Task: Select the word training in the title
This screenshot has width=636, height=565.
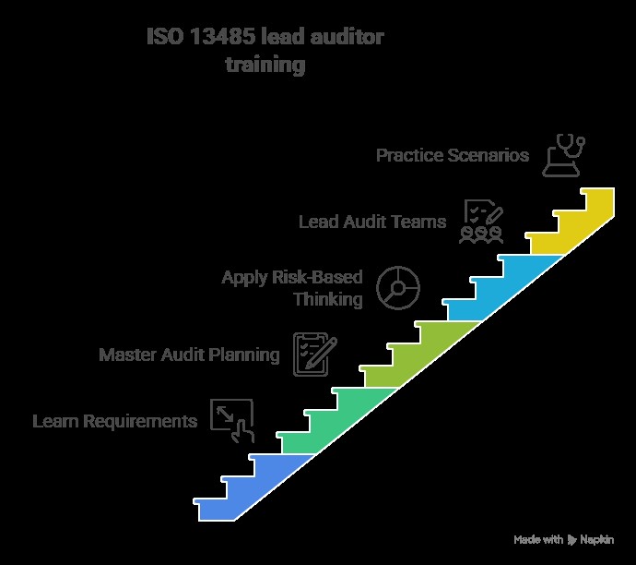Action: click(x=265, y=66)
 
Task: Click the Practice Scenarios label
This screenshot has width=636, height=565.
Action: click(x=453, y=155)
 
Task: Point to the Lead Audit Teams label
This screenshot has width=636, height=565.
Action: click(x=372, y=222)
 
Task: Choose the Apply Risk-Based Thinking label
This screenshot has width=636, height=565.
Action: click(x=292, y=288)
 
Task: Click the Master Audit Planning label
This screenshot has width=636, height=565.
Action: click(x=189, y=355)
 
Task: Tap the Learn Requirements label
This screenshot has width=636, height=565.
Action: click(x=115, y=422)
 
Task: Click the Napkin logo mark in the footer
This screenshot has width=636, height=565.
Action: click(x=571, y=539)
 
